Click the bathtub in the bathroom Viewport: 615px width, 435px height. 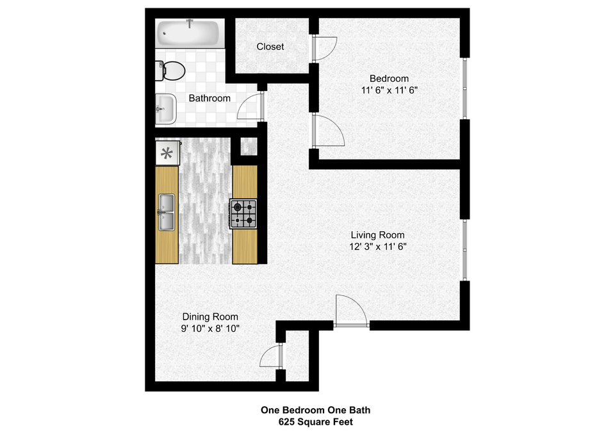(x=188, y=33)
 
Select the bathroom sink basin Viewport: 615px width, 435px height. (x=165, y=109)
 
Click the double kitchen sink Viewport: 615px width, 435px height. (x=167, y=212)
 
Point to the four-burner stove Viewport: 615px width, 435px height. (x=243, y=214)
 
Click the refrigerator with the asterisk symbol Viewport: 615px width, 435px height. (x=167, y=152)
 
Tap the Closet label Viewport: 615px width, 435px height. (x=270, y=47)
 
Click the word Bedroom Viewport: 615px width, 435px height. (x=389, y=78)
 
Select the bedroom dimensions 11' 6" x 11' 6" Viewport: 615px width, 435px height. (x=389, y=90)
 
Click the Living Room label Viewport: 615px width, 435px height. (x=378, y=235)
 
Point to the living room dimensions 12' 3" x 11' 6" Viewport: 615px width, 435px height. (x=378, y=247)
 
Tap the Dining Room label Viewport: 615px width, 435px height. (x=210, y=316)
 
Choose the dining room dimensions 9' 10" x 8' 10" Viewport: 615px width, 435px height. (x=210, y=328)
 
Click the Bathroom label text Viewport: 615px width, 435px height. (x=209, y=98)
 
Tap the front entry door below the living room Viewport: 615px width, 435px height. (x=351, y=311)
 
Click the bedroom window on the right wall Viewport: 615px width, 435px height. (x=465, y=88)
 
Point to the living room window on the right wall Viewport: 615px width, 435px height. (x=465, y=249)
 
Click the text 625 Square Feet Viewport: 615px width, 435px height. (x=316, y=422)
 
